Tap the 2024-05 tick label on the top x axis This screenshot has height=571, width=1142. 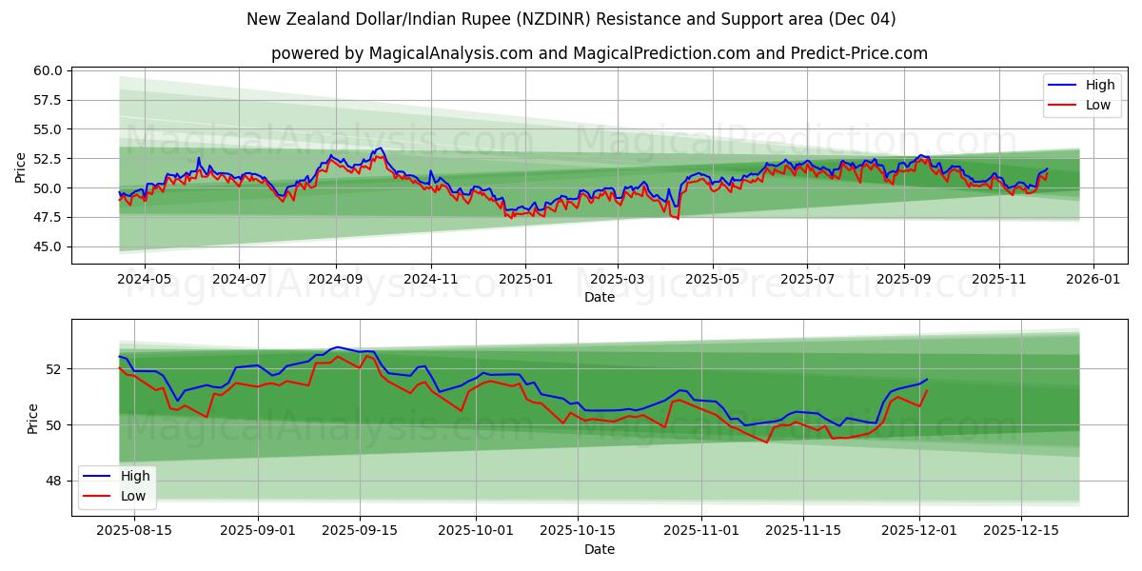coord(144,279)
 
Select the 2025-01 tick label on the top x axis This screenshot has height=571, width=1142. coord(524,279)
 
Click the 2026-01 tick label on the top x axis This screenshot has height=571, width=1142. coord(1093,279)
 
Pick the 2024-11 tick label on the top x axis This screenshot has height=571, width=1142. coord(431,279)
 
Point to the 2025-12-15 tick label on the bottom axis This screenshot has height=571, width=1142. coord(1020,531)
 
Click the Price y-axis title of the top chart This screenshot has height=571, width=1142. coord(21,167)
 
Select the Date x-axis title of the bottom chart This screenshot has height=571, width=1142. coord(600,549)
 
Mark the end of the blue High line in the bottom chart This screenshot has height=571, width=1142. coord(927,379)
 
